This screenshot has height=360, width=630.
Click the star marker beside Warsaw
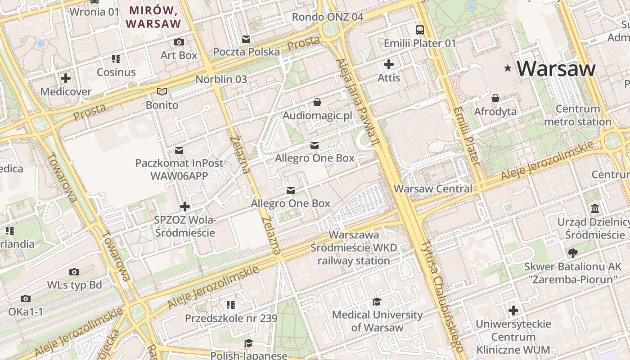point(508,68)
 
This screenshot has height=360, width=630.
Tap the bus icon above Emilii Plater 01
point(419,30)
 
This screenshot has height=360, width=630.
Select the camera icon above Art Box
point(179,42)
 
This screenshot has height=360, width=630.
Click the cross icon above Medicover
point(66,78)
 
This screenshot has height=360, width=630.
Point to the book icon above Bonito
point(162,92)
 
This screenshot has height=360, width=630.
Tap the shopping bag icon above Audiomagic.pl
point(317,103)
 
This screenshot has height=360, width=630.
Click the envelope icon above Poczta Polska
point(246,39)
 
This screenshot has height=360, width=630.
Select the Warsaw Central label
point(433,189)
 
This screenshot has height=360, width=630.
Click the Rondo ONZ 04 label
point(327,17)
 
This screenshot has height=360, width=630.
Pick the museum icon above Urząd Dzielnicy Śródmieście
point(595,209)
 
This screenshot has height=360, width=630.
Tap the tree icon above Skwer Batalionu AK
point(572,253)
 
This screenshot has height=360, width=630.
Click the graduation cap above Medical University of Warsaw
point(377,301)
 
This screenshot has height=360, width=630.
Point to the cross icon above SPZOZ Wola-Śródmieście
point(184,207)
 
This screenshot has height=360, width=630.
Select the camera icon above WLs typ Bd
point(74,272)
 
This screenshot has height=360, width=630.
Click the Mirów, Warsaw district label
point(153,17)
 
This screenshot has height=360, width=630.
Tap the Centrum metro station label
point(578,115)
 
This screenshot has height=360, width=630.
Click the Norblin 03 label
point(221,79)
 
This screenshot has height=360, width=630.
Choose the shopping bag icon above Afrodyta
point(495,98)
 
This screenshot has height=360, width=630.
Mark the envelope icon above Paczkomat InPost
point(179,150)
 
